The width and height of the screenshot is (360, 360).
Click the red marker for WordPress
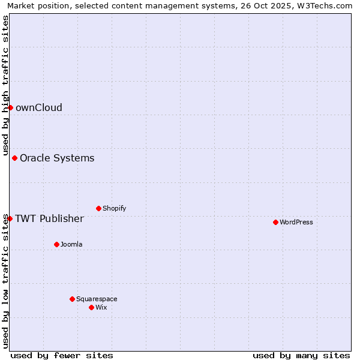tap(275, 222)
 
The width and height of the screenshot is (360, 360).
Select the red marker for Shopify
tap(98, 208)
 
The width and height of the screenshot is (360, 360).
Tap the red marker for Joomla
tap(56, 244)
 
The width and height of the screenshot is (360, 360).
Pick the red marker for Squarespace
tap(72, 299)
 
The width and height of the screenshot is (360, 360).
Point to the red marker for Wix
tap(91, 307)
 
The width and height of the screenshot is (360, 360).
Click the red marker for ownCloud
tap(10, 107)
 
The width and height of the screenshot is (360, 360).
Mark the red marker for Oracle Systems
tap(14, 158)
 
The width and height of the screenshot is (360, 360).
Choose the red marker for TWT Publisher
tap(10, 218)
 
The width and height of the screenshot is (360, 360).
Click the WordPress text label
tap(296, 222)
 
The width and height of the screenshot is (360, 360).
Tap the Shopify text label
tap(114, 208)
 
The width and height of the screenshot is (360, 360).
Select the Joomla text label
tap(71, 244)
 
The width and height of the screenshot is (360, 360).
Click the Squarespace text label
tap(97, 299)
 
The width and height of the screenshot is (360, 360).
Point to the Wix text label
tap(101, 307)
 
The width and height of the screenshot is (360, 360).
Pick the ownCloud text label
tap(39, 108)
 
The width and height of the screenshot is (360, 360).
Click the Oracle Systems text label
tap(57, 158)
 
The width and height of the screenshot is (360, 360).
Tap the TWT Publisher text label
tap(49, 218)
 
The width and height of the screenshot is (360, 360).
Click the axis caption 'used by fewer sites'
tap(62, 355)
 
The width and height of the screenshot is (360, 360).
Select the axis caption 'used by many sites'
tap(301, 355)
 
